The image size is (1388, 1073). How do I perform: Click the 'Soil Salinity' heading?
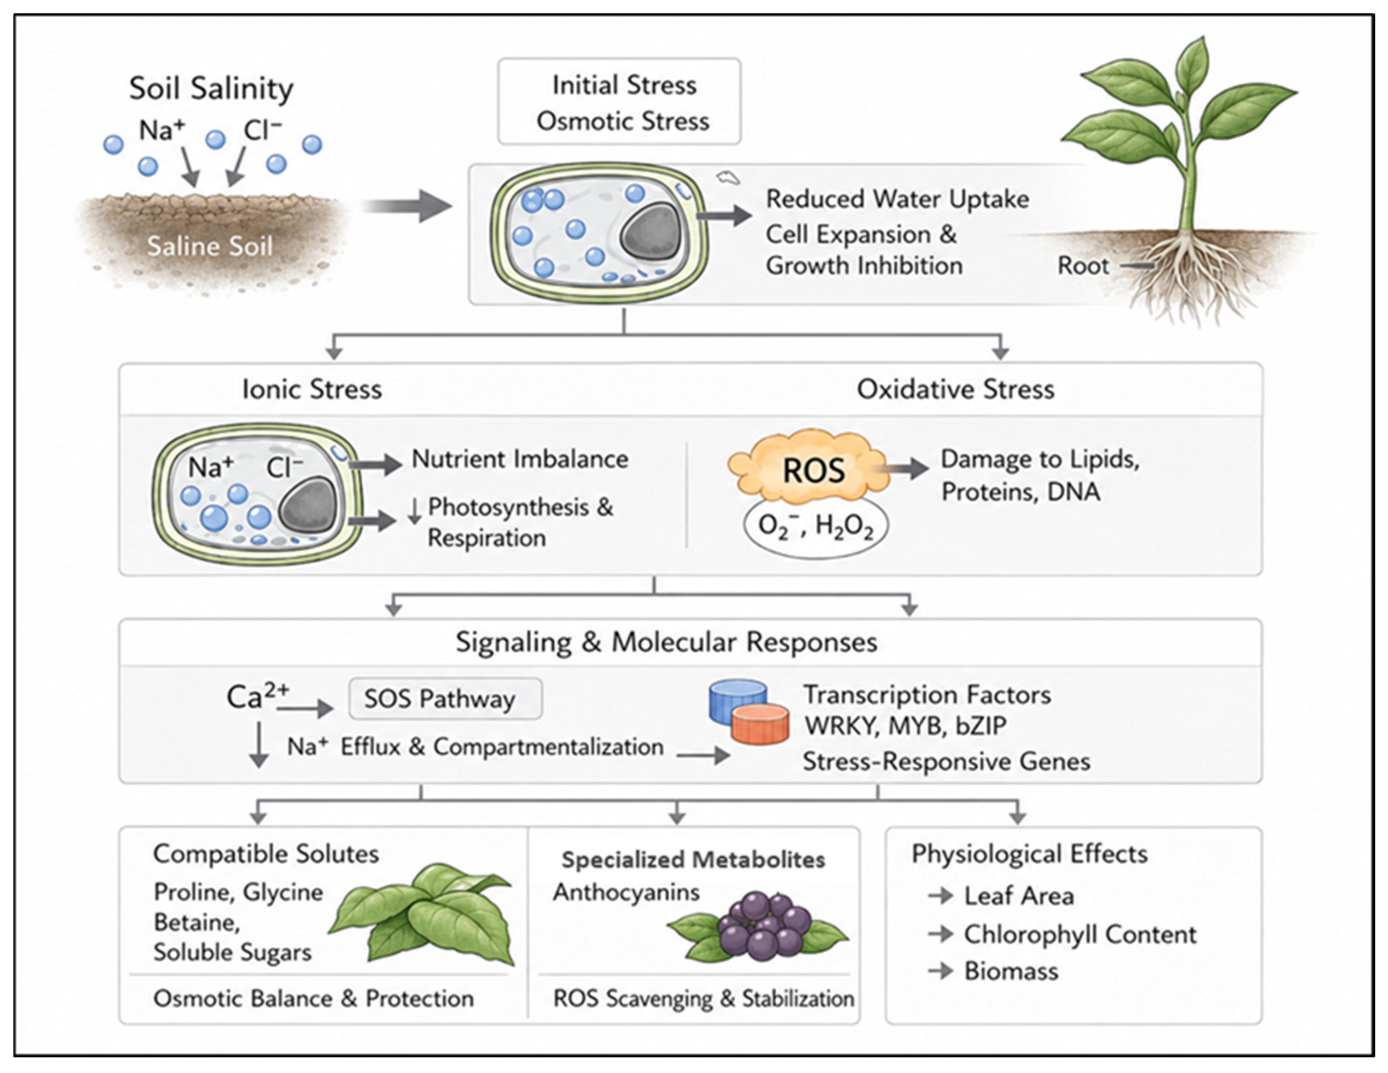click(x=211, y=89)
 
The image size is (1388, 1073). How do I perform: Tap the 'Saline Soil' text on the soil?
click(x=210, y=246)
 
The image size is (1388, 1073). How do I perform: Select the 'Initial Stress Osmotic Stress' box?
click(x=619, y=102)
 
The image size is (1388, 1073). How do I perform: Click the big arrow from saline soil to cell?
click(x=407, y=205)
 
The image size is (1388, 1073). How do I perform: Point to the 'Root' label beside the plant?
click(x=1083, y=266)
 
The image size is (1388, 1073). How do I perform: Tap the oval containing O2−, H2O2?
click(x=816, y=527)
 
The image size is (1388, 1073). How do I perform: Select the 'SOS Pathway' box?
click(x=445, y=698)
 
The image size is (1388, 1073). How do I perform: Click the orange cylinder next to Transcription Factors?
click(x=760, y=724)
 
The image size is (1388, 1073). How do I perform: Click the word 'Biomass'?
click(x=1011, y=971)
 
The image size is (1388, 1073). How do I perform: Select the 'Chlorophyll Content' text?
click(x=1080, y=935)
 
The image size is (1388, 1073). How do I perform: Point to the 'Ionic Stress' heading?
click(x=312, y=389)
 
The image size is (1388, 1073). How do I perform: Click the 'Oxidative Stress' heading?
click(x=955, y=389)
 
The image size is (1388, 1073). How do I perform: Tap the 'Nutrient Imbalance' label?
click(x=520, y=459)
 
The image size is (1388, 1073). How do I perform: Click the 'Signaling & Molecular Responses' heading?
click(x=666, y=642)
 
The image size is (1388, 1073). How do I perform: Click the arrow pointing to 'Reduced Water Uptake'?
click(x=724, y=216)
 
